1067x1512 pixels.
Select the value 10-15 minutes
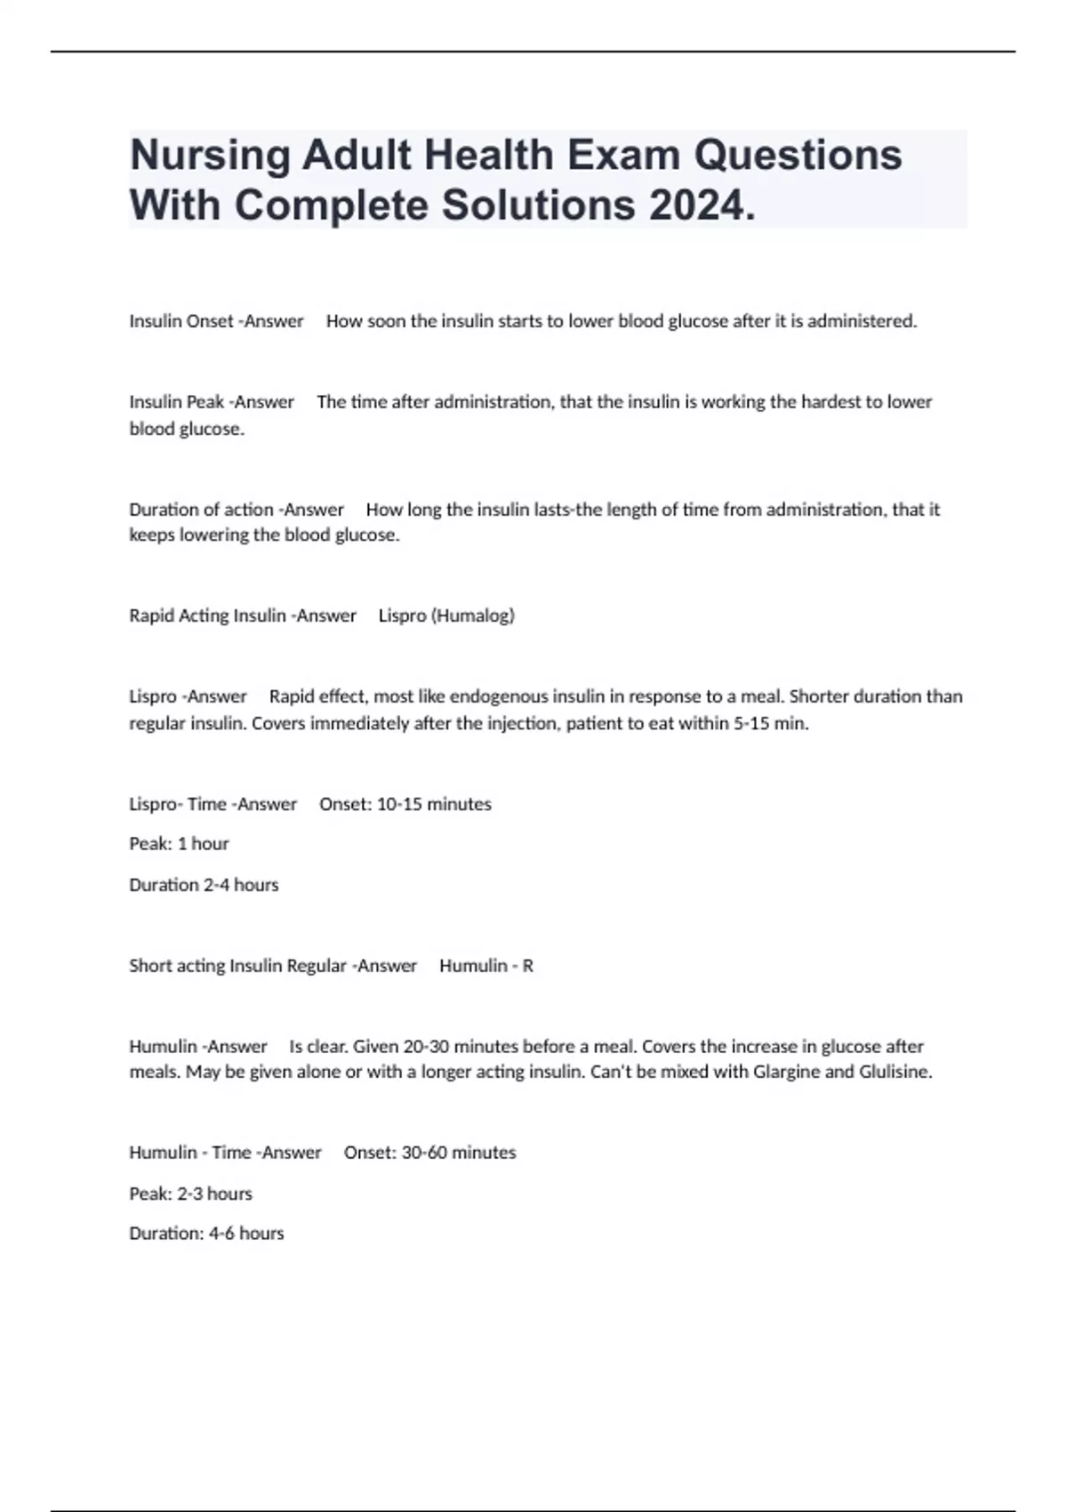pyautogui.click(x=434, y=804)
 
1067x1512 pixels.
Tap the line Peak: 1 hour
pyautogui.click(x=179, y=843)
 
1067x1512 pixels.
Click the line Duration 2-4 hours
pyautogui.click(x=204, y=885)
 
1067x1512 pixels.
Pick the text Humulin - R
pyautogui.click(x=486, y=966)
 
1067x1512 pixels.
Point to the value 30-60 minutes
pyautogui.click(x=459, y=1153)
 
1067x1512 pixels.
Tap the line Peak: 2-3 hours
pyautogui.click(x=190, y=1194)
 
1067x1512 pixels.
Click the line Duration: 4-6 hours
pyautogui.click(x=206, y=1234)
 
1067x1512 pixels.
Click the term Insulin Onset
pyautogui.click(x=181, y=321)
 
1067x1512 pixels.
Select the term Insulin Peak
pyautogui.click(x=176, y=402)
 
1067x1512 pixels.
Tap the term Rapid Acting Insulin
pyautogui.click(x=207, y=615)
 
